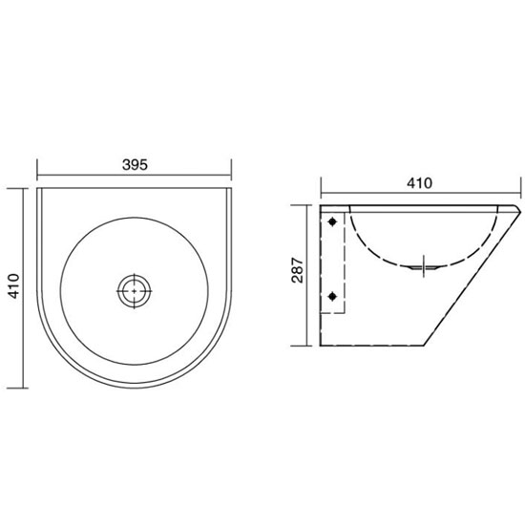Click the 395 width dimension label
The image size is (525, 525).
coord(135,165)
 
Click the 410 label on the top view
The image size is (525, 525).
coord(14,286)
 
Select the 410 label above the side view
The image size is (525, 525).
coord(420,183)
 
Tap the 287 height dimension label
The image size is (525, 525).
coord(297,270)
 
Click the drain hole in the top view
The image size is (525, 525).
coord(135,291)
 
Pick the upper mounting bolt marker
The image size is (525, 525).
coord(332,221)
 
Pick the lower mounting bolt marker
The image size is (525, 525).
coord(332,296)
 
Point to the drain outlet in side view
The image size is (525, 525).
coord(424,267)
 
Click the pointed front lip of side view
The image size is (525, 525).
coord(519,210)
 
